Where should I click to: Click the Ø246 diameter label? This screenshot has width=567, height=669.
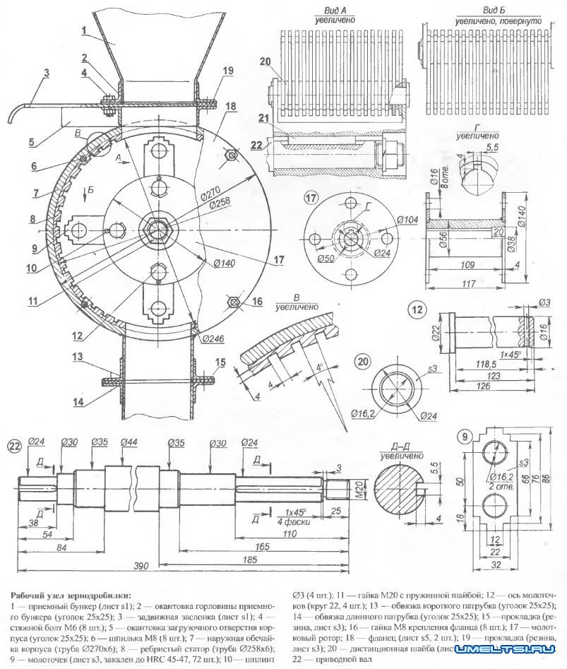click(212, 338)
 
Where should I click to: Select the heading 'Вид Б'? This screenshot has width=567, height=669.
click(498, 13)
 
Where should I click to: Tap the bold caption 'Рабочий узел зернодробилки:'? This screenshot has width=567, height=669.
click(70, 595)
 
